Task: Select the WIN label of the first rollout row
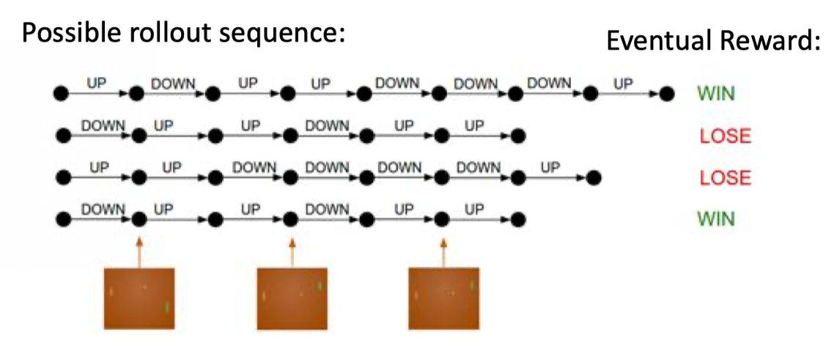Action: pos(716,94)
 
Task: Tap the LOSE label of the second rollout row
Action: pos(726,136)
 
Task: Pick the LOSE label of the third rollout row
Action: pos(726,177)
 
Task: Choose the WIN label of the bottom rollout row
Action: pos(716,218)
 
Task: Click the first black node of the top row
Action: pos(61,94)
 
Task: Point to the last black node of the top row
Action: pos(665,94)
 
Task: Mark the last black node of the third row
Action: pos(594,177)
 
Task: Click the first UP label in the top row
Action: pos(97,84)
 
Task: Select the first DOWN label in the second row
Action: pos(103,125)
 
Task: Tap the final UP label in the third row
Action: pos(550,167)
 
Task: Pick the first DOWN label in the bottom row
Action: pos(103,209)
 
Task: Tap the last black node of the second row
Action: pos(518,136)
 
